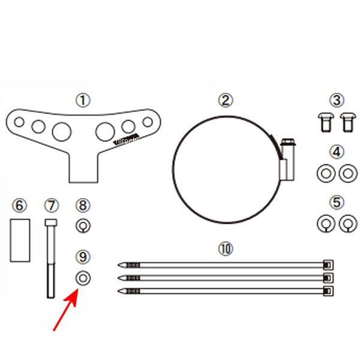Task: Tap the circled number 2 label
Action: tap(226, 100)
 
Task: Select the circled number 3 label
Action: tap(337, 100)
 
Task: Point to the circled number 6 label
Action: tap(20, 206)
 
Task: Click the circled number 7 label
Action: tap(52, 206)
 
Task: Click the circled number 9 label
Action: tap(83, 257)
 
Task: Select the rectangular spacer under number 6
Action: tap(20, 241)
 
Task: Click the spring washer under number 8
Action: tap(83, 226)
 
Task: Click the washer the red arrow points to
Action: tap(83, 278)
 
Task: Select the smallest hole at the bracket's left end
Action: tap(19, 122)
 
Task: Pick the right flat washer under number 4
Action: tap(346, 173)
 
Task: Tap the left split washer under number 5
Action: tap(325, 224)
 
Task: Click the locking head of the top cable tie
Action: tap(328, 264)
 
